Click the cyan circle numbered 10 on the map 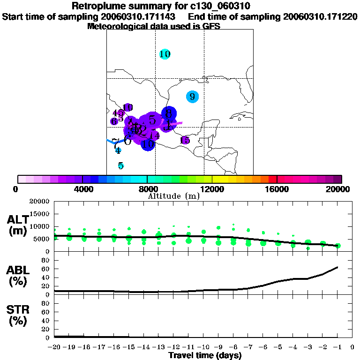[165, 54]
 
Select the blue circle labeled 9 [192, 97]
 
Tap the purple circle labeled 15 [185, 140]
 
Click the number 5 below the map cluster [120, 165]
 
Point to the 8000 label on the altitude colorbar [147, 189]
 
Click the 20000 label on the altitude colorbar [338, 189]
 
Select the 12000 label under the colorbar [212, 189]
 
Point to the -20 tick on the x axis [54, 348]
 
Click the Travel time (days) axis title [205, 355]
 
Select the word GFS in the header [211, 26]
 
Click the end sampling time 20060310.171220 [320, 17]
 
